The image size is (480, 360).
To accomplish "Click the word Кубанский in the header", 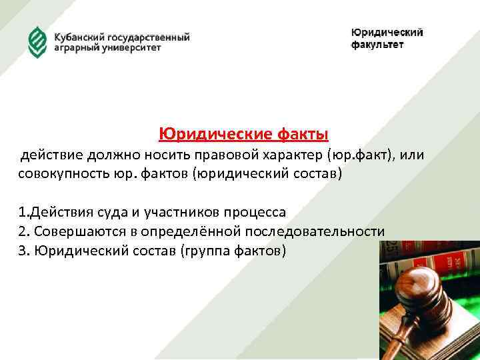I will click(x=82, y=37).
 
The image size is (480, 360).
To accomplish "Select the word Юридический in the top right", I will click(x=387, y=33).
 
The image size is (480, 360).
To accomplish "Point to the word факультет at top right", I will click(x=377, y=45).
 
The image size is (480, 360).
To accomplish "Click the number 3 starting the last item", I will click(x=23, y=250).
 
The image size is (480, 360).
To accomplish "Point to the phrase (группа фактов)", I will click(x=238, y=250).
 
